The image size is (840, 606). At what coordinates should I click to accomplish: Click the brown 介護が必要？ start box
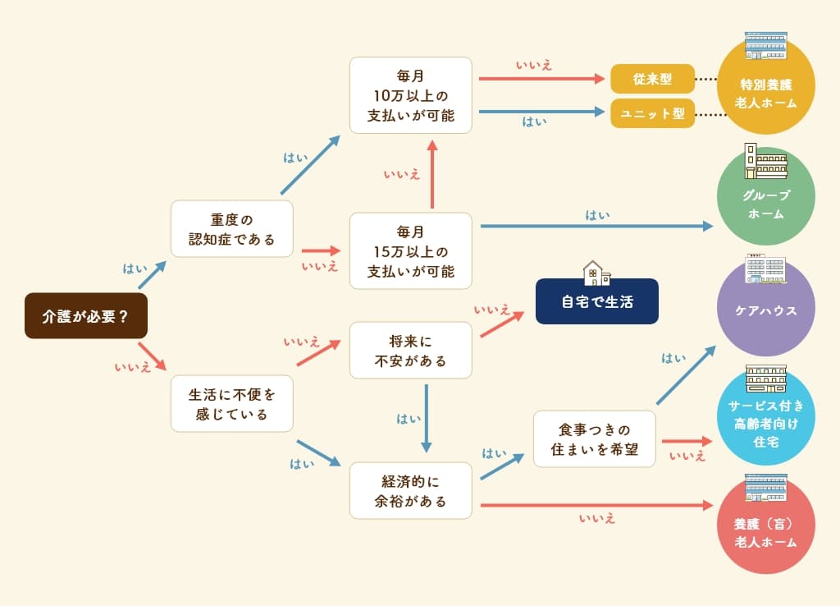pos(85,316)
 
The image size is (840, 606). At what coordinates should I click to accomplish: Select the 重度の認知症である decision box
pos(231,229)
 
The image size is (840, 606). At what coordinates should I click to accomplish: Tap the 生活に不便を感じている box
pos(231,403)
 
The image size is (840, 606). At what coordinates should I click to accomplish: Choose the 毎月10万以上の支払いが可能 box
pos(410,95)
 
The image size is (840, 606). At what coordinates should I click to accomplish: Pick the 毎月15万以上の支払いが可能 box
pos(410,250)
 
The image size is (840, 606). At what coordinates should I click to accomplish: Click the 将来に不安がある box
pos(410,350)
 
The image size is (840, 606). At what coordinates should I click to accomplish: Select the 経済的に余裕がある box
pos(410,490)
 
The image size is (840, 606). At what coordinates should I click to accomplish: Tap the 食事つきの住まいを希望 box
pos(594,439)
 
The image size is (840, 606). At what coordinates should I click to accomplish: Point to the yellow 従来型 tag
pos(652,79)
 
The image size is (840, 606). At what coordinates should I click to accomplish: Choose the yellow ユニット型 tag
pos(652,113)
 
